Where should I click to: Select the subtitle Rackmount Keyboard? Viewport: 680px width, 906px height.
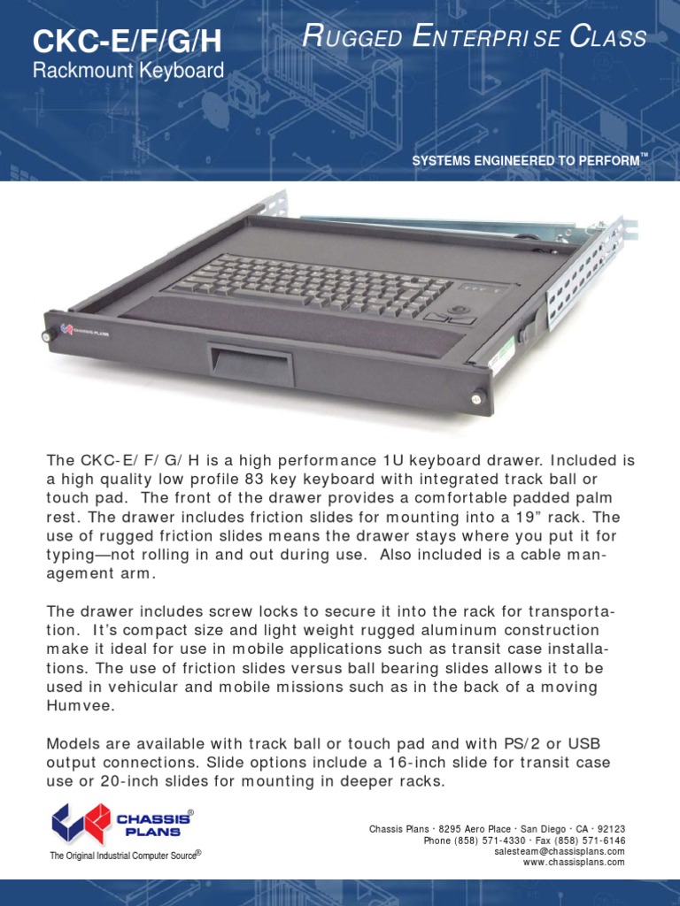[128, 72]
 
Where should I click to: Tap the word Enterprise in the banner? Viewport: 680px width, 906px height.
[475, 38]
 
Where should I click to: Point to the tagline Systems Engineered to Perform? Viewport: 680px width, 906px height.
[525, 160]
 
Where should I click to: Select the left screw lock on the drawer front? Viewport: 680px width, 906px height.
[46, 336]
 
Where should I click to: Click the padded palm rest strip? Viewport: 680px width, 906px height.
[283, 326]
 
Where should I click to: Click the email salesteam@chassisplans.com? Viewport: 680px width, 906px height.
[560, 851]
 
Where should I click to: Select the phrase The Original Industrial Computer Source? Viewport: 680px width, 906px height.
[125, 856]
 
